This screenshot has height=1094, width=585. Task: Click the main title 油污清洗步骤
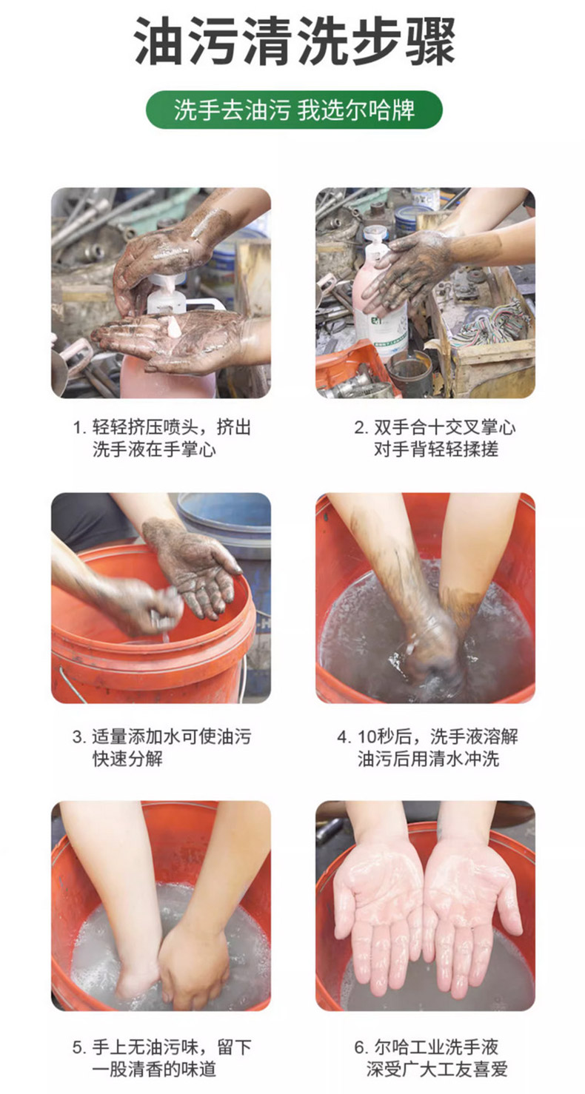point(294,41)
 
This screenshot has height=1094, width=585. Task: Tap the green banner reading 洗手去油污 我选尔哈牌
point(294,110)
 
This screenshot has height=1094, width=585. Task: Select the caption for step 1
point(161,438)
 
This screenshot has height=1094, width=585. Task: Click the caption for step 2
point(435,438)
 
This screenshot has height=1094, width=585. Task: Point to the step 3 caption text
point(161,748)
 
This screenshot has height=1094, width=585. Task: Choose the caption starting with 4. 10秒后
point(427,748)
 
